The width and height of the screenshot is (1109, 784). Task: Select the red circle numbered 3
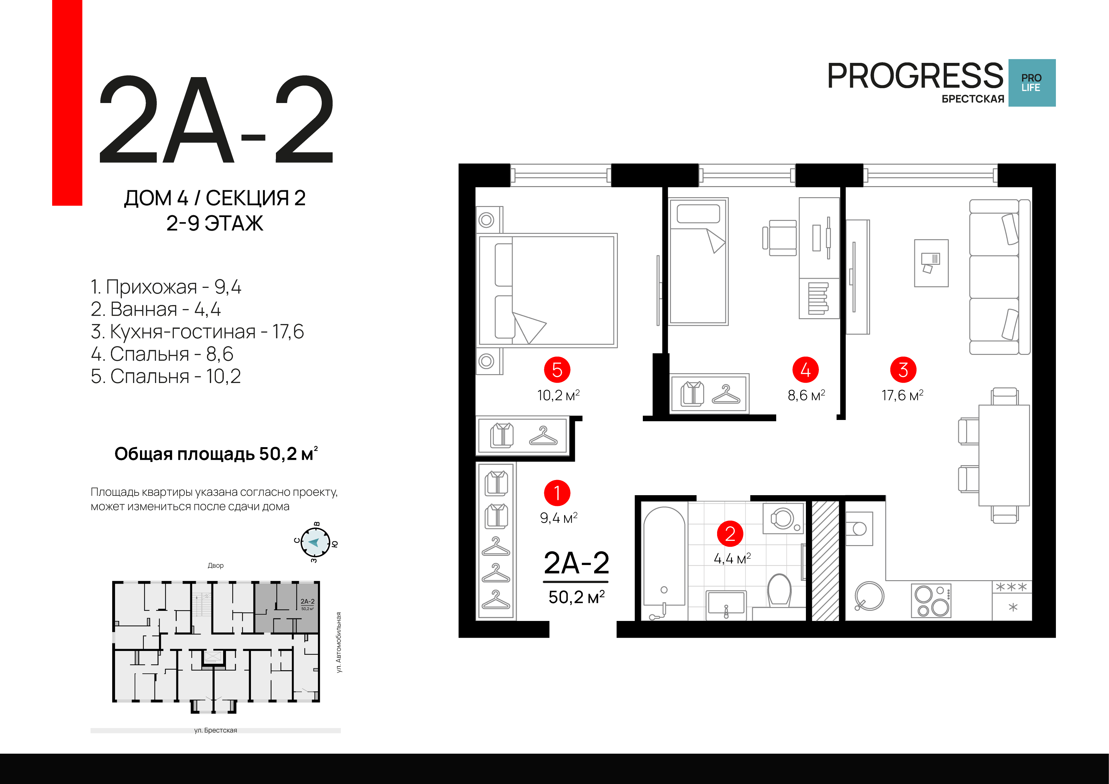pos(903,370)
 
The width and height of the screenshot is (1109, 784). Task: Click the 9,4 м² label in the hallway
pos(559,518)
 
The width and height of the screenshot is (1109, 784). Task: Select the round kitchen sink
pos(869,596)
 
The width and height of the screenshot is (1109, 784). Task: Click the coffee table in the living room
pos(931,263)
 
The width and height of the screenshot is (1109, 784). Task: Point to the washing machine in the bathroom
pos(783,518)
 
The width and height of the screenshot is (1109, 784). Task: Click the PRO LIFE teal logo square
pos(1032,82)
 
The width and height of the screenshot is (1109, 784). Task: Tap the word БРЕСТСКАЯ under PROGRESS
pos(973,99)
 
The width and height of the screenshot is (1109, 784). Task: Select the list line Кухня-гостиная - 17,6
pos(197,332)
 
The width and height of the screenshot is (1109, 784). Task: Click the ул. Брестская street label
pos(216,730)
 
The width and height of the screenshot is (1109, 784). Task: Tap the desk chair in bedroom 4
pos(780,238)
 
